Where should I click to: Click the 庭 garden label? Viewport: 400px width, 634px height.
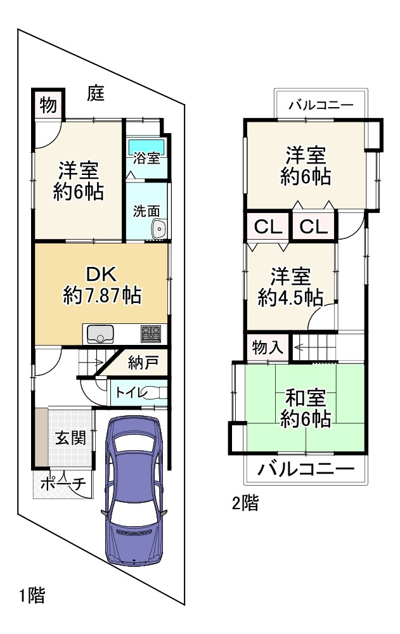click(x=96, y=94)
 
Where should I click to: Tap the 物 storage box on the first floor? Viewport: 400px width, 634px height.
click(x=48, y=105)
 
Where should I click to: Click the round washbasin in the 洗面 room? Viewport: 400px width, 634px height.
click(x=158, y=230)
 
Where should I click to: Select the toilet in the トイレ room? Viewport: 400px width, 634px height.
click(x=152, y=393)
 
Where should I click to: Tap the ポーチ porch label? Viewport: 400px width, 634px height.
click(x=62, y=483)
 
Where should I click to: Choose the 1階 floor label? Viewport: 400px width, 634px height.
click(x=31, y=596)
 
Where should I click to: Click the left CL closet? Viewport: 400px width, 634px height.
click(x=268, y=227)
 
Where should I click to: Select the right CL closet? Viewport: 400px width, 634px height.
click(x=313, y=227)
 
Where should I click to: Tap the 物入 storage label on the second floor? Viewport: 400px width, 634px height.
click(x=268, y=348)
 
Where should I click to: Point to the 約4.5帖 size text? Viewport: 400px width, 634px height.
click(x=290, y=297)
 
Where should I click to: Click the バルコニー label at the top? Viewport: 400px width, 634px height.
click(x=321, y=105)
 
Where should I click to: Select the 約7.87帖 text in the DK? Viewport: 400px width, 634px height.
click(x=102, y=295)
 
